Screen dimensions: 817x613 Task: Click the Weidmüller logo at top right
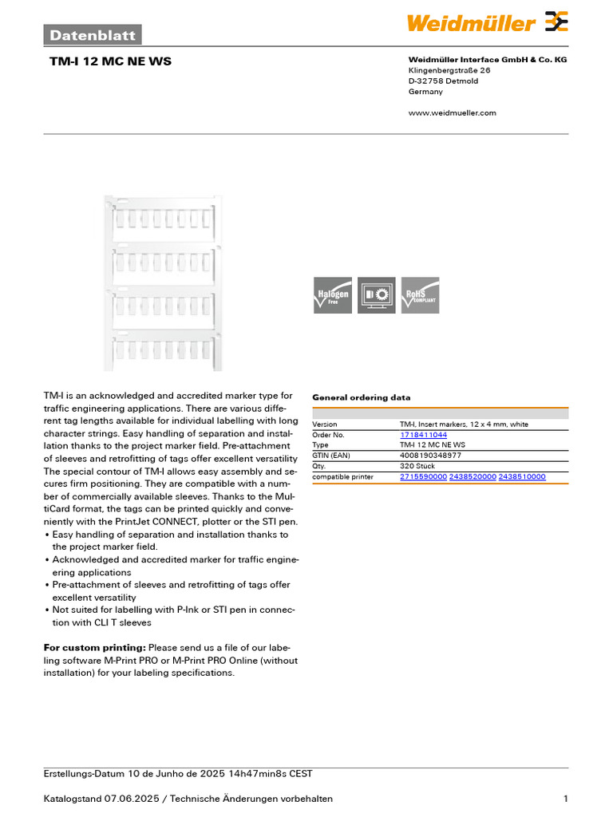click(x=488, y=22)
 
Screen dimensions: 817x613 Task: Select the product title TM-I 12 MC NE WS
click(x=110, y=61)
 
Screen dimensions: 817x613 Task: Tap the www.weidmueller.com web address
click(x=452, y=112)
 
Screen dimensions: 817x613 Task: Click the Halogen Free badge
click(x=333, y=294)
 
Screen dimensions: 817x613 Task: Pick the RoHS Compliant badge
click(x=420, y=294)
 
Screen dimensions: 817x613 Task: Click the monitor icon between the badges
click(x=376, y=294)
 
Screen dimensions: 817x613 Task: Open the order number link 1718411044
click(x=424, y=435)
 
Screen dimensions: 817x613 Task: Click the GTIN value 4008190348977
click(x=430, y=456)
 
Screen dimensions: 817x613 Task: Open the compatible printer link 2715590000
click(x=423, y=476)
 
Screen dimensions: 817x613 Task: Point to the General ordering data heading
click(x=361, y=397)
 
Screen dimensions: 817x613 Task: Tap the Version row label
click(x=325, y=424)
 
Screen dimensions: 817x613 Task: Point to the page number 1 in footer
click(x=565, y=799)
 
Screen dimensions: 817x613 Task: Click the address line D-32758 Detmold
click(x=443, y=81)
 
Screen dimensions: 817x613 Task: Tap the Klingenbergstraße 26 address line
click(x=449, y=70)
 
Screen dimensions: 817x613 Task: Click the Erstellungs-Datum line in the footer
click(x=177, y=774)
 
